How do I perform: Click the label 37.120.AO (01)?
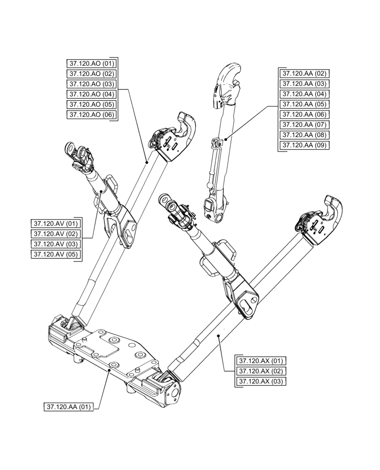pos(91,63)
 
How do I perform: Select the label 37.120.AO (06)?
pos(91,114)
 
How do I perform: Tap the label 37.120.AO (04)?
pos(91,94)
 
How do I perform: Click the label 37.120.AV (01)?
pos(55,223)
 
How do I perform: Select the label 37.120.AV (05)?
pos(55,254)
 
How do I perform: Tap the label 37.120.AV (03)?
pos(55,244)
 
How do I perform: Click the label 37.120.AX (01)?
pos(261,361)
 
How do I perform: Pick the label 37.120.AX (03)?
pos(261,381)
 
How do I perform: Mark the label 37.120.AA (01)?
pos(68,406)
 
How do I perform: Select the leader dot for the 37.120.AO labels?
pos(147,161)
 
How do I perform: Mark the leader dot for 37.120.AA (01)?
pos(109,370)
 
